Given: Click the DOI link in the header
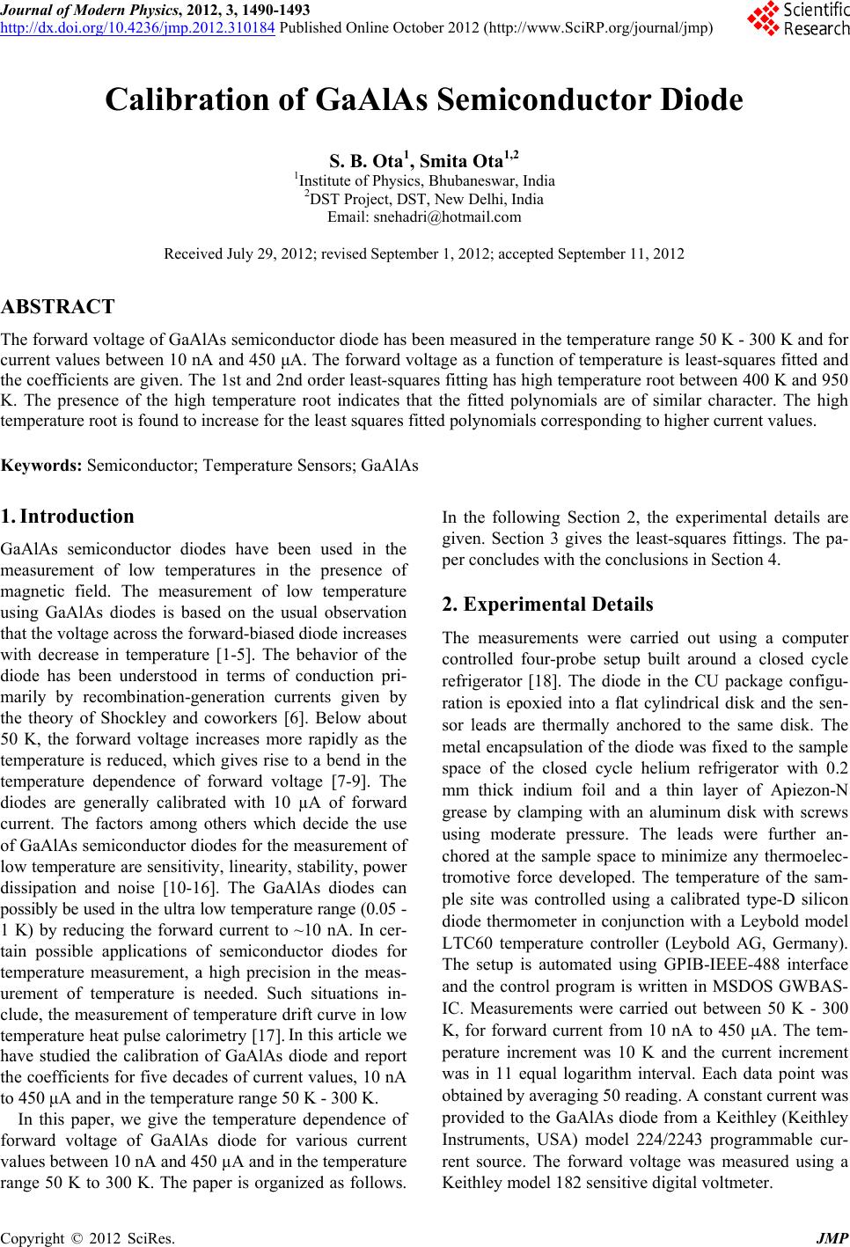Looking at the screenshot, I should coord(139,26).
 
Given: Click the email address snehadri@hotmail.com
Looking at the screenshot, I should coord(424,216).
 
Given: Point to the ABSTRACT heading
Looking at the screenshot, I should coord(58,307).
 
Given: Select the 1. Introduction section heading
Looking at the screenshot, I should coord(68,517).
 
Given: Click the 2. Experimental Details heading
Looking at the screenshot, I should coord(547,605).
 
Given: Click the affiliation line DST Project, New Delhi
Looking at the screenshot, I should coord(424,199).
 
